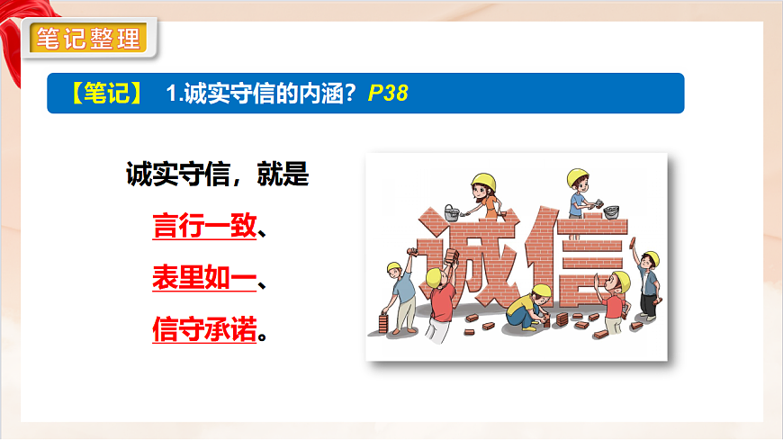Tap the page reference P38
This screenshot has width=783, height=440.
coord(388,94)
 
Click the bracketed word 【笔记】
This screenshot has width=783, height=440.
coord(106,94)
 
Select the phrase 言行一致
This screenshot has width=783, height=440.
coord(205,226)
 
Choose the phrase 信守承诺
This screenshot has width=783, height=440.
coord(205,332)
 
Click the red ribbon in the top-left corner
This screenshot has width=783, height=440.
coord(18,36)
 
